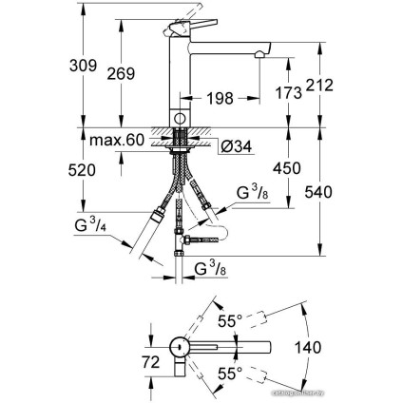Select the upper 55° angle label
pos(229,321)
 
